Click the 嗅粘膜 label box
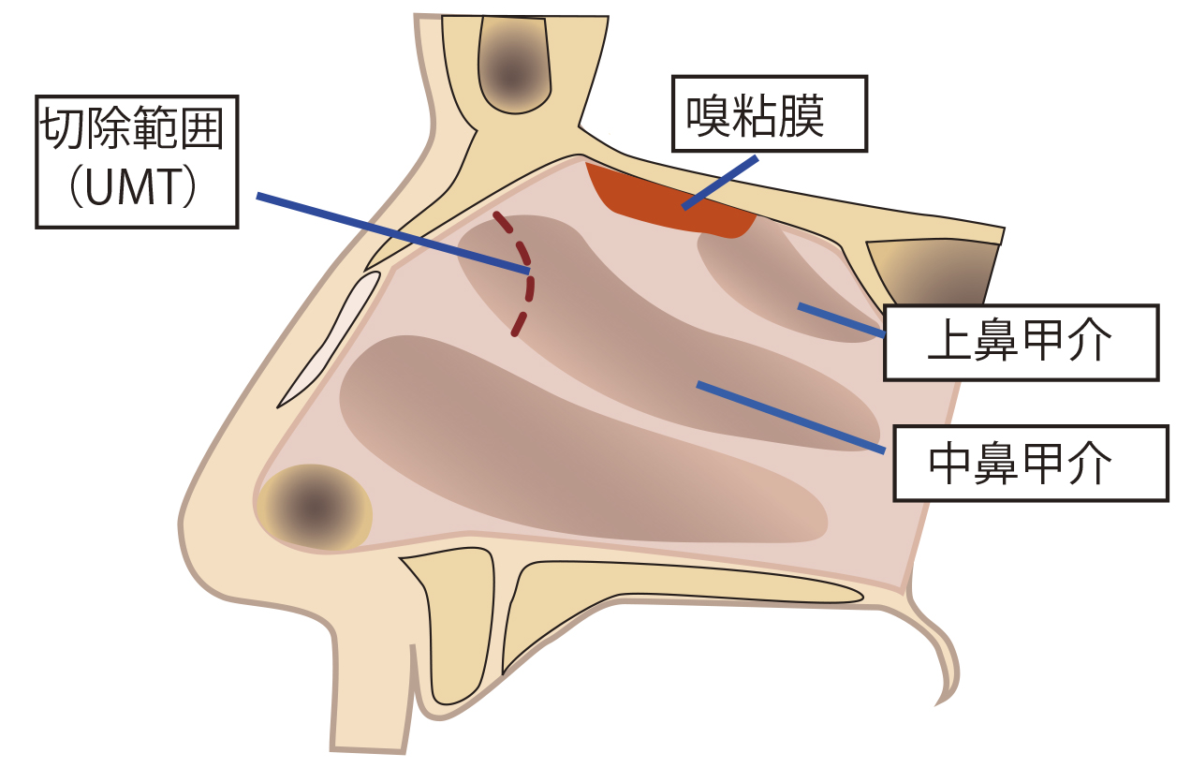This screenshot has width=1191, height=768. tap(769, 112)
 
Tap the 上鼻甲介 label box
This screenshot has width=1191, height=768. tap(1020, 342)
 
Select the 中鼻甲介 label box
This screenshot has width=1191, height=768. tap(1030, 463)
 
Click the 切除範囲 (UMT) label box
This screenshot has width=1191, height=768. tap(137, 160)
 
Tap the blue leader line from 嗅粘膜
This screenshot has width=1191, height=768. tap(719, 183)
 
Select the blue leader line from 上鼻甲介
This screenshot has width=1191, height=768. tap(840, 319)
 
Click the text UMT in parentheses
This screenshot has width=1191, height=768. tap(137, 190)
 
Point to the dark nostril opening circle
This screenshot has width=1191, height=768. tap(316, 509)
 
